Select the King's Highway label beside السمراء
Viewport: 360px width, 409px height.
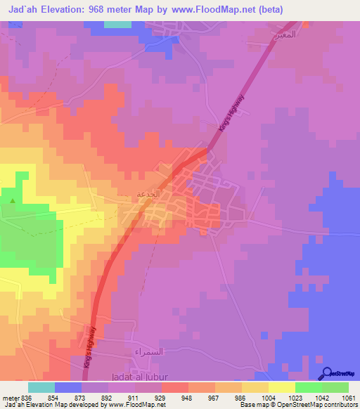(x=90, y=345)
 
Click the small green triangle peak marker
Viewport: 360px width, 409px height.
(x=12, y=202)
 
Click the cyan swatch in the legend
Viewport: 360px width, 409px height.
(x=41, y=387)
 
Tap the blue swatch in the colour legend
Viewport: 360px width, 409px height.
(x=68, y=387)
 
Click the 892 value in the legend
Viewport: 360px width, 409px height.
(x=106, y=398)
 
